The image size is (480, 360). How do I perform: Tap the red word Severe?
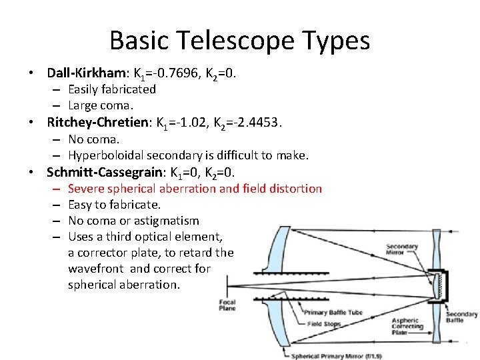tap(86, 189)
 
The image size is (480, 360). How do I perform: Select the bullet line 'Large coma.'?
tap(101, 105)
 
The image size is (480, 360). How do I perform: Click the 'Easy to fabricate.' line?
tap(115, 205)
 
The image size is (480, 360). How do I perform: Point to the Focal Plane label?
tap(227, 305)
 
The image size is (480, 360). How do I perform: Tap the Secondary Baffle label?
tap(461, 317)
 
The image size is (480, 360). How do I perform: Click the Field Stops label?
tap(324, 324)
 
